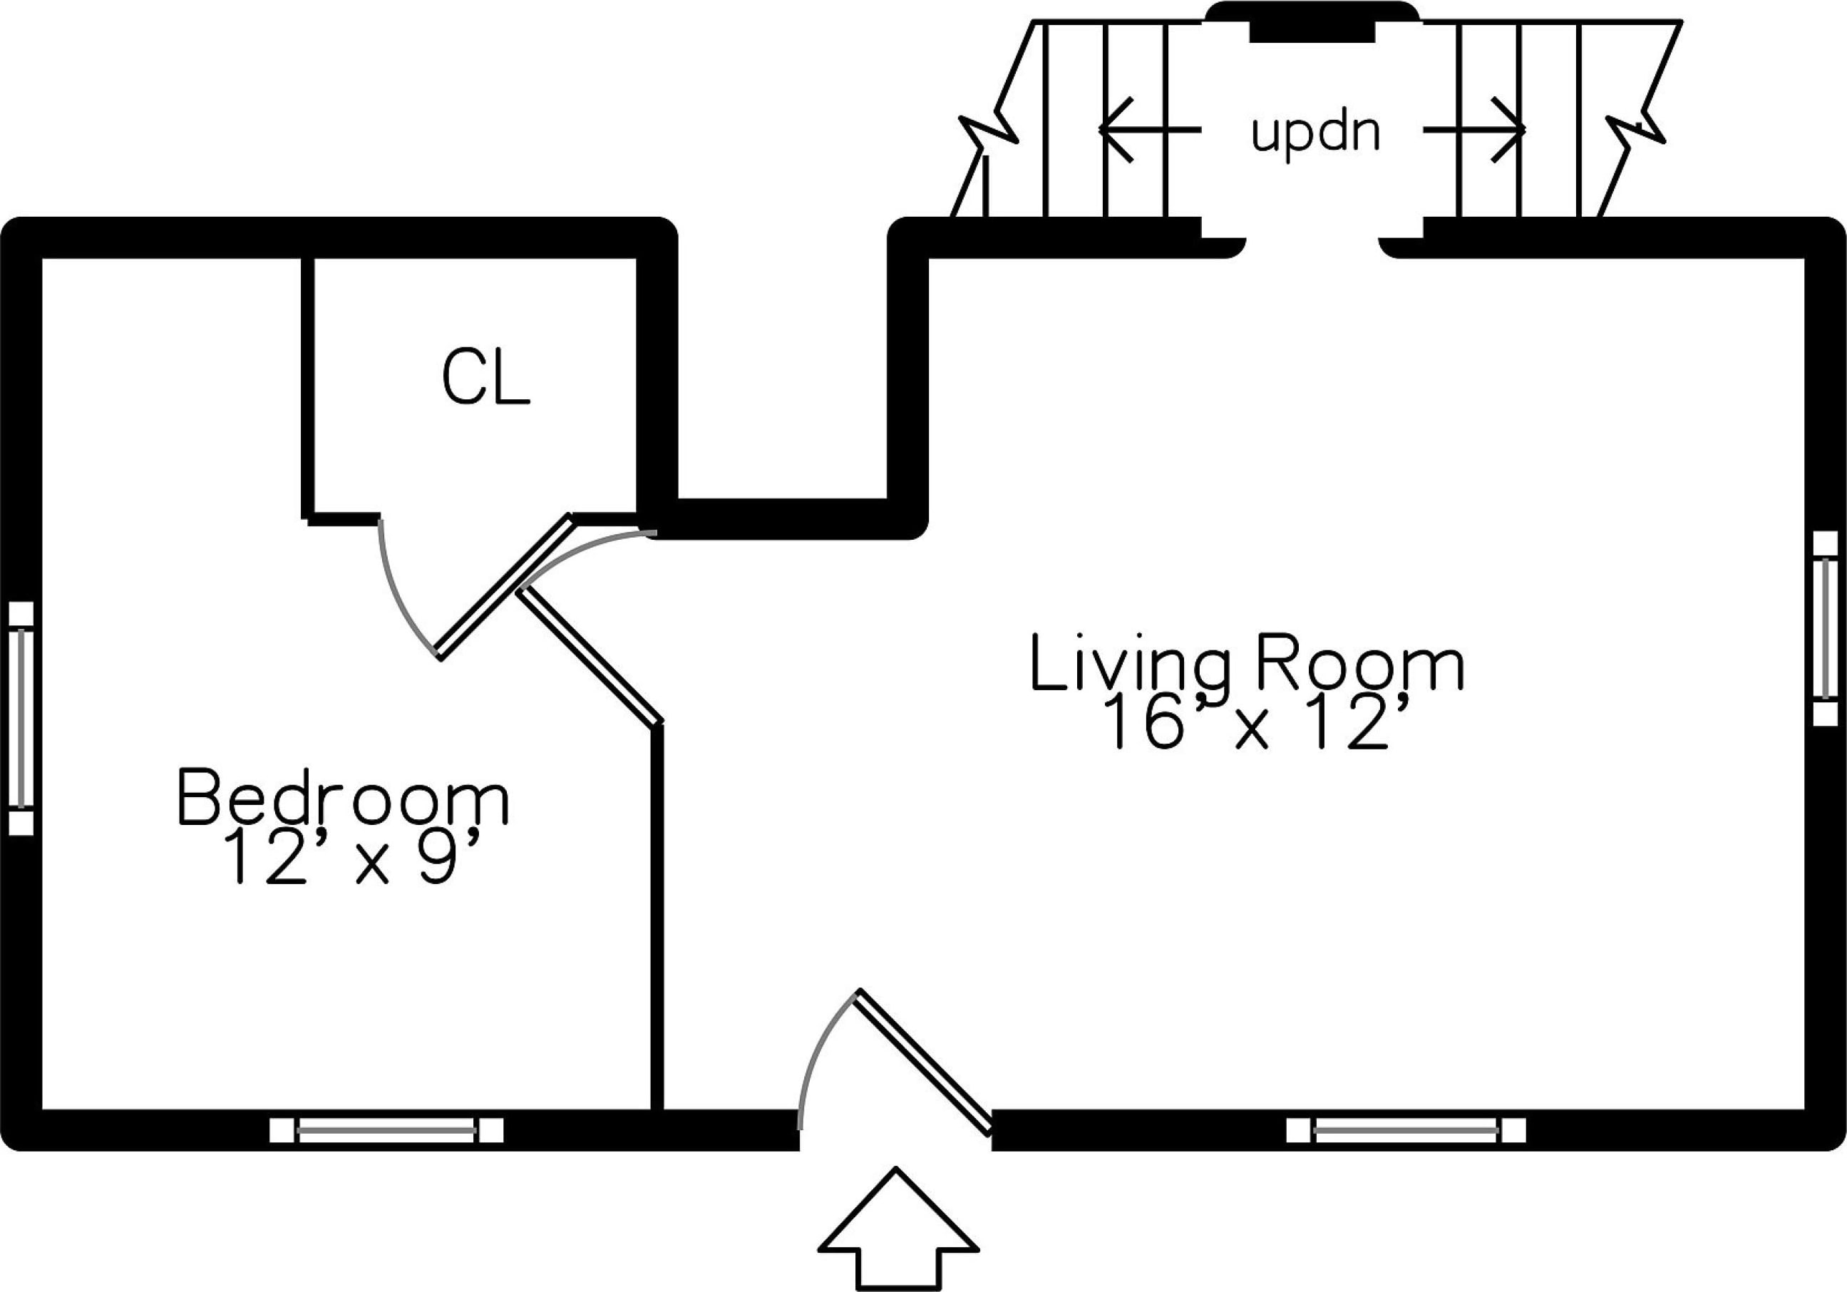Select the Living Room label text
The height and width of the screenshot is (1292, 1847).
(x=1247, y=665)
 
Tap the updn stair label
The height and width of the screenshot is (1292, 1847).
(x=1315, y=133)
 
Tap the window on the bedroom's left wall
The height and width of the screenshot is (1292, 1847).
(x=21, y=717)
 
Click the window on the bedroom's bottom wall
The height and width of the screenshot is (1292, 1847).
(x=387, y=1130)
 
